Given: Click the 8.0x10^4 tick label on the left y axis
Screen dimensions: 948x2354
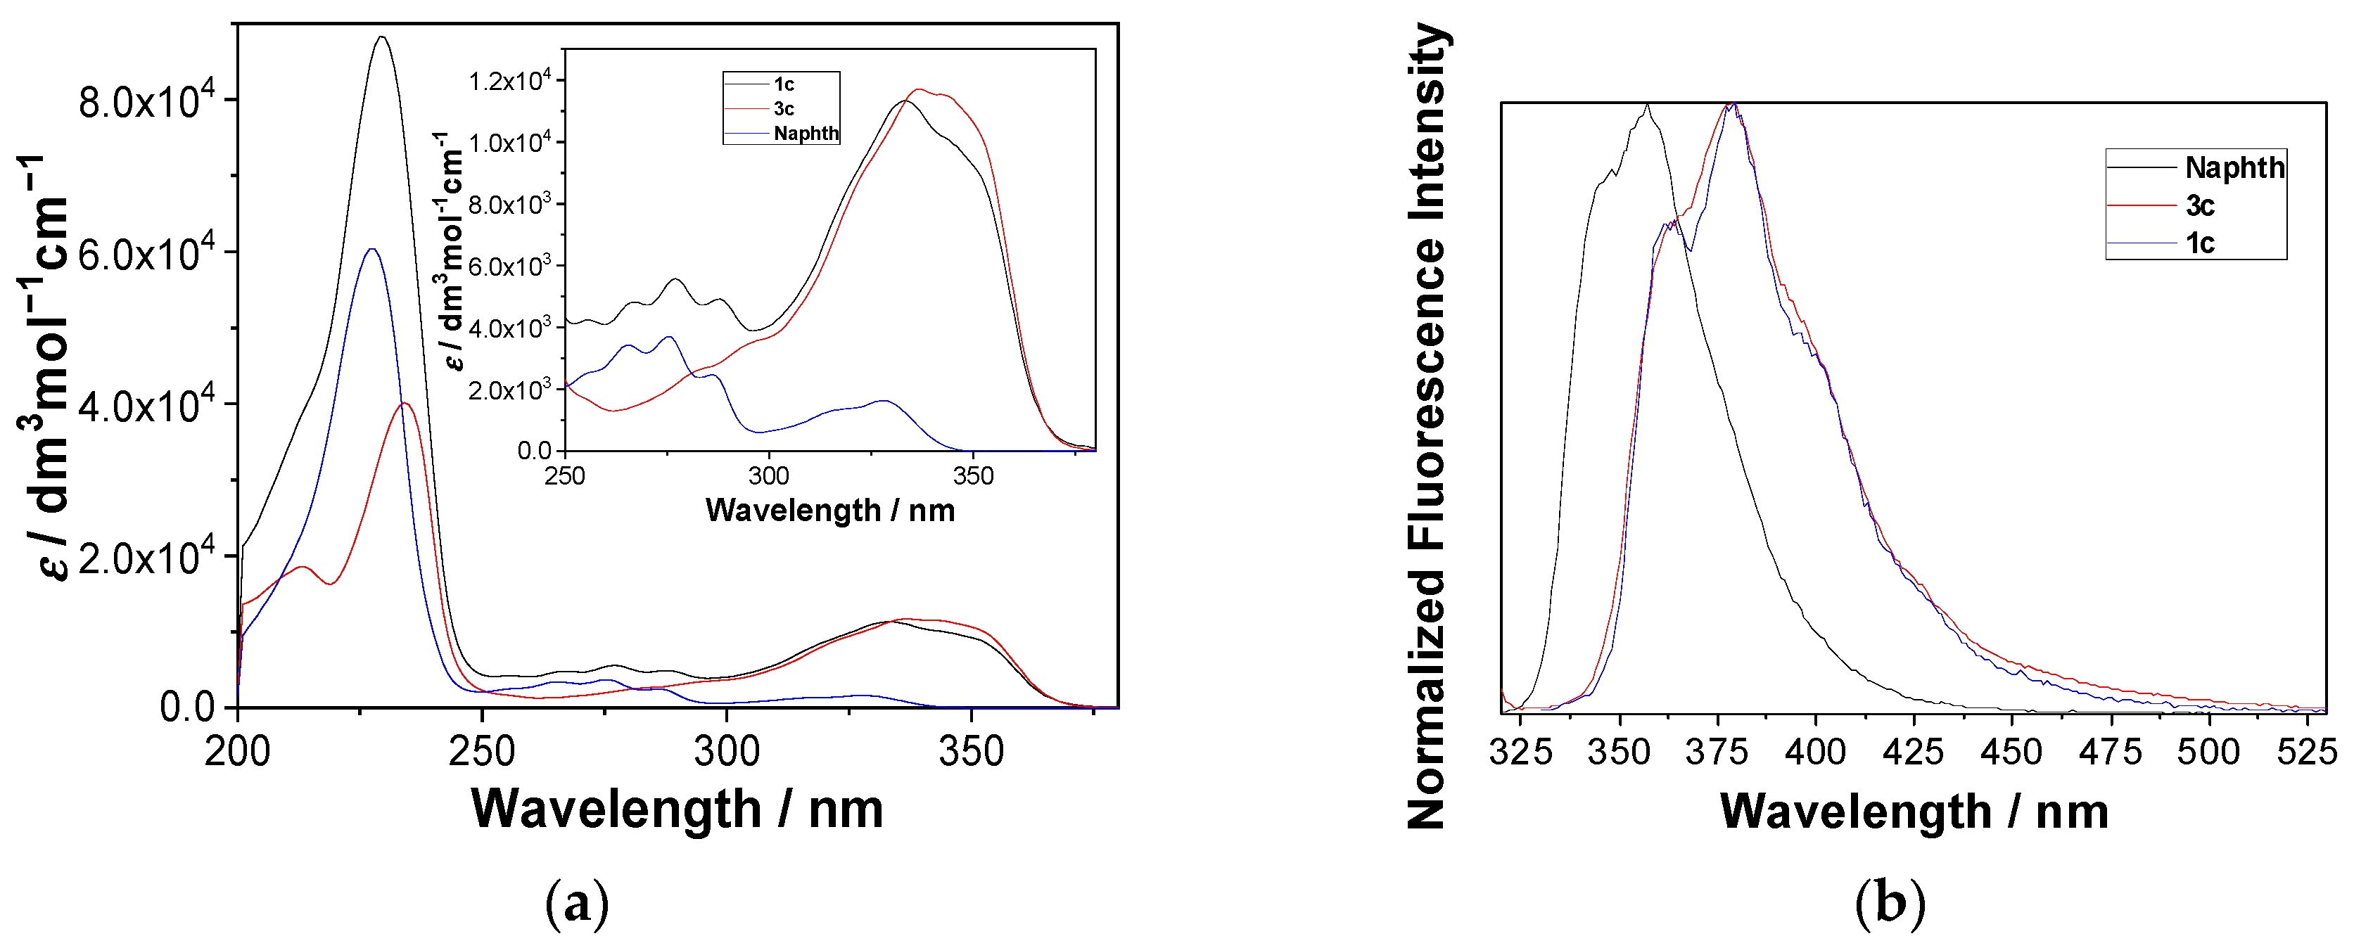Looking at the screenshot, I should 146,102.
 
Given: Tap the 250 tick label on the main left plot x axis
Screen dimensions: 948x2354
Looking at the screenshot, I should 483,752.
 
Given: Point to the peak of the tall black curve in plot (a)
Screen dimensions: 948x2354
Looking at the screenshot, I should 382,37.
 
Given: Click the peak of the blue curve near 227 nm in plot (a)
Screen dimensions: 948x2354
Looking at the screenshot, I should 371,248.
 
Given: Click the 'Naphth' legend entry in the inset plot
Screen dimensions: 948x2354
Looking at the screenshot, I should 805,134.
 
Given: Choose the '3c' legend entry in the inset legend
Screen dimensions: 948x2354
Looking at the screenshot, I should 783,109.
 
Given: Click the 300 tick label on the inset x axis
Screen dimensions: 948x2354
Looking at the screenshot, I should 768,476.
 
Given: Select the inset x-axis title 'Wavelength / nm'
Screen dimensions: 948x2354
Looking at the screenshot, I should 829,510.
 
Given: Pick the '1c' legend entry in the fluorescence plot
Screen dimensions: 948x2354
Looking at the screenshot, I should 2199,243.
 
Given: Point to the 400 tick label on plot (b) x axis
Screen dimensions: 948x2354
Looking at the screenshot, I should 1816,752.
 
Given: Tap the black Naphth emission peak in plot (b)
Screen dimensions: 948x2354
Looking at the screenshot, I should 1647,105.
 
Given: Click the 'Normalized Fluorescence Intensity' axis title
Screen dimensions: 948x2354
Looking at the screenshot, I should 1427,426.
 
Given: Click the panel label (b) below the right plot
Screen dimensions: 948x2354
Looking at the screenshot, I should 1890,904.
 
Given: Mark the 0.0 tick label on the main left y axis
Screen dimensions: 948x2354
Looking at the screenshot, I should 186,707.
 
